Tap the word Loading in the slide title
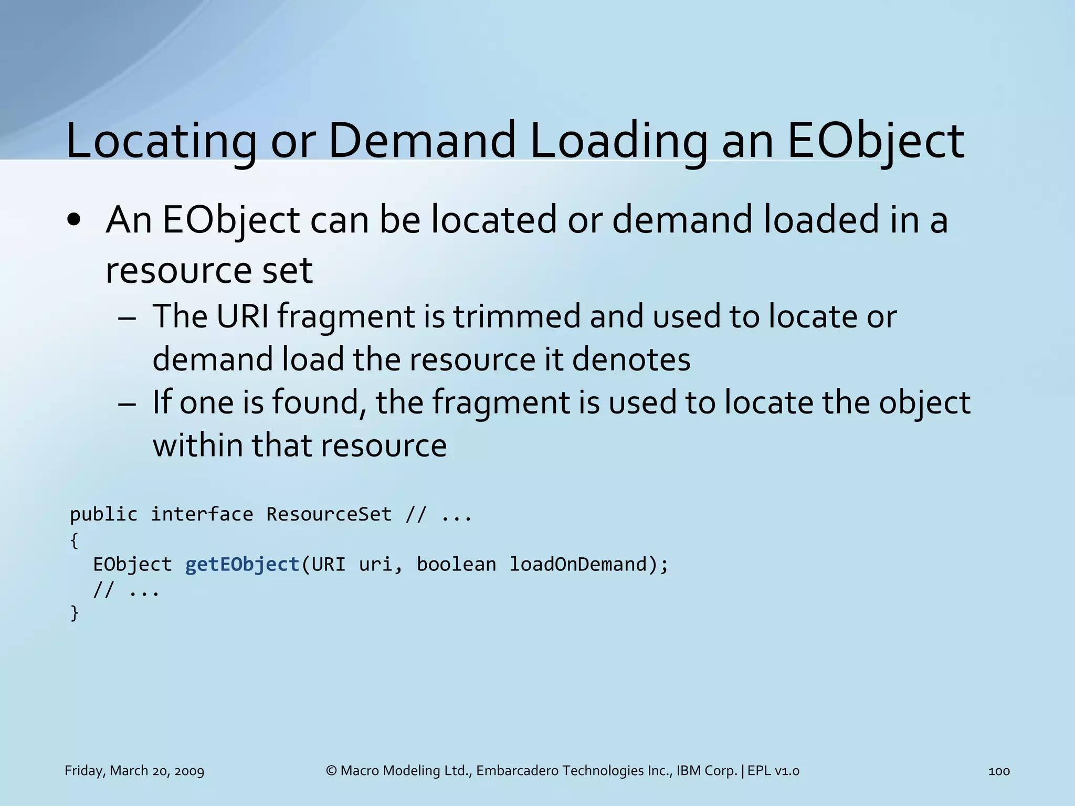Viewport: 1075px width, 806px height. pyautogui.click(x=618, y=141)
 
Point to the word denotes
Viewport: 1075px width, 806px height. pyautogui.click(x=631, y=359)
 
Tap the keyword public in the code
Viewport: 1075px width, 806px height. pyautogui.click(x=103, y=514)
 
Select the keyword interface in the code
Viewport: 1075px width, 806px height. pyautogui.click(x=202, y=514)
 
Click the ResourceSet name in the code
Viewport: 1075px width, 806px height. pyautogui.click(x=329, y=514)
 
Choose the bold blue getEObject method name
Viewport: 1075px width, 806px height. pyautogui.click(x=242, y=565)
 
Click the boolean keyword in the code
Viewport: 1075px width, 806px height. pyautogui.click(x=456, y=565)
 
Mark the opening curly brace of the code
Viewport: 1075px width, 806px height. pyautogui.click(x=74, y=540)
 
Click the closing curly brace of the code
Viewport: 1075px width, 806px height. pyautogui.click(x=74, y=612)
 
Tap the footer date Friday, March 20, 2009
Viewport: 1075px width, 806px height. pyautogui.click(x=134, y=771)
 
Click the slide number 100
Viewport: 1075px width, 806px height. pyautogui.click(x=999, y=771)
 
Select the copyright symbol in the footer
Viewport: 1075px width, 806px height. pyautogui.click(x=331, y=771)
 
